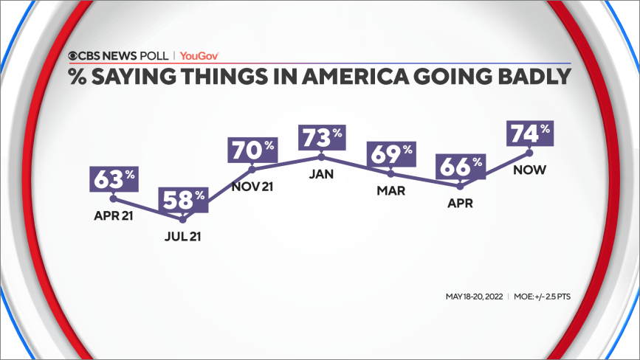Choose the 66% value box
click(x=461, y=167)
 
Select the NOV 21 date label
click(x=252, y=187)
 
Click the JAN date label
click(x=322, y=174)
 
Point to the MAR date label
click(x=391, y=191)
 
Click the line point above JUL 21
click(x=183, y=219)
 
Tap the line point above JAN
click(x=322, y=156)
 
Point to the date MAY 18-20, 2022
click(x=474, y=297)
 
